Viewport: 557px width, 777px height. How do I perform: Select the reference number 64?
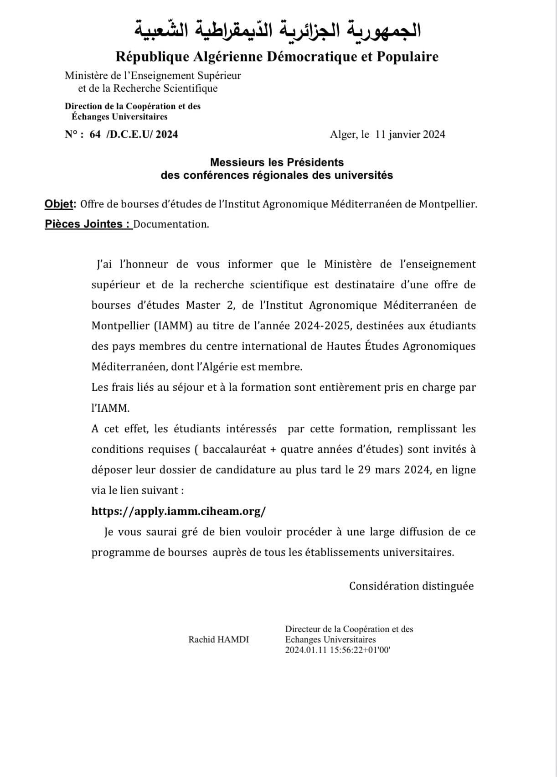(x=95, y=134)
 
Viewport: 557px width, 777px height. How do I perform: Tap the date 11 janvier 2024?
(x=410, y=134)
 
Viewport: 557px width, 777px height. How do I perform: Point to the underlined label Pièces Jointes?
(x=88, y=224)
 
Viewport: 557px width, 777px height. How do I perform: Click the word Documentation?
(x=171, y=224)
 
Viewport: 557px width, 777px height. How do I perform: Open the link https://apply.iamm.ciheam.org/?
(x=178, y=511)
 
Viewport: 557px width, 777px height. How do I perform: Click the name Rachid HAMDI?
(x=219, y=639)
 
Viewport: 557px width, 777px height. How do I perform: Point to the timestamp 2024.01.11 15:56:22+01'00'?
(x=338, y=650)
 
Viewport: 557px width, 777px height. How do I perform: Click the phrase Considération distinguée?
(x=411, y=586)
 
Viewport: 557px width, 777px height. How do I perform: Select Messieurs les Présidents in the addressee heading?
(x=277, y=162)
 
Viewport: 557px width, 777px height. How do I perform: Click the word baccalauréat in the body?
(x=234, y=449)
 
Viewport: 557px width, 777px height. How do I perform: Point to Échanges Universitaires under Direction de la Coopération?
(x=119, y=117)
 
